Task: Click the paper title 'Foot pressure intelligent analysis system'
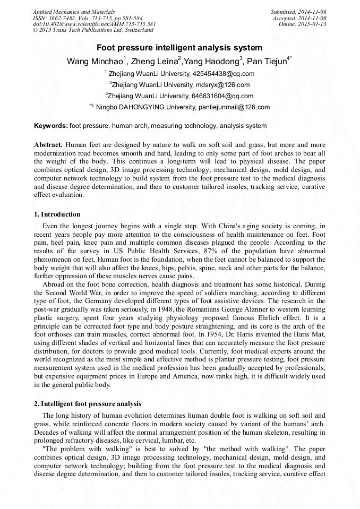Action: point(179,48)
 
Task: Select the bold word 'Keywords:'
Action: point(51,126)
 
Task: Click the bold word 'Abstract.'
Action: point(49,145)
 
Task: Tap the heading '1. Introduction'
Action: point(57,215)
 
